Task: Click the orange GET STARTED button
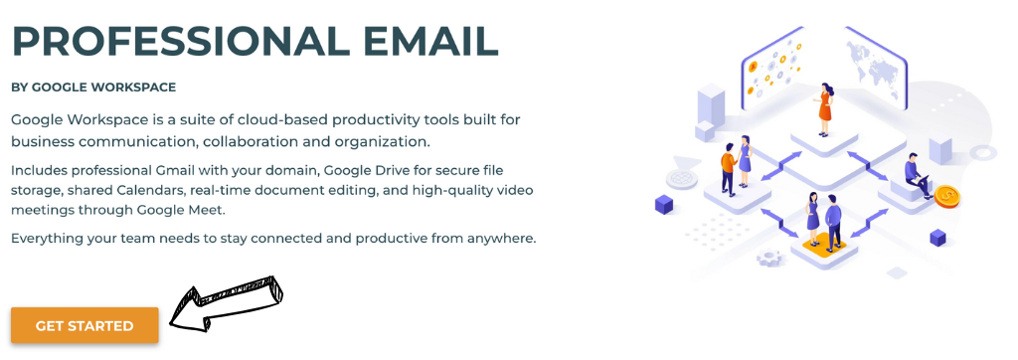(85, 326)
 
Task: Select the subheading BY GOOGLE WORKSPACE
(93, 88)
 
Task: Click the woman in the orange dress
(824, 112)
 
